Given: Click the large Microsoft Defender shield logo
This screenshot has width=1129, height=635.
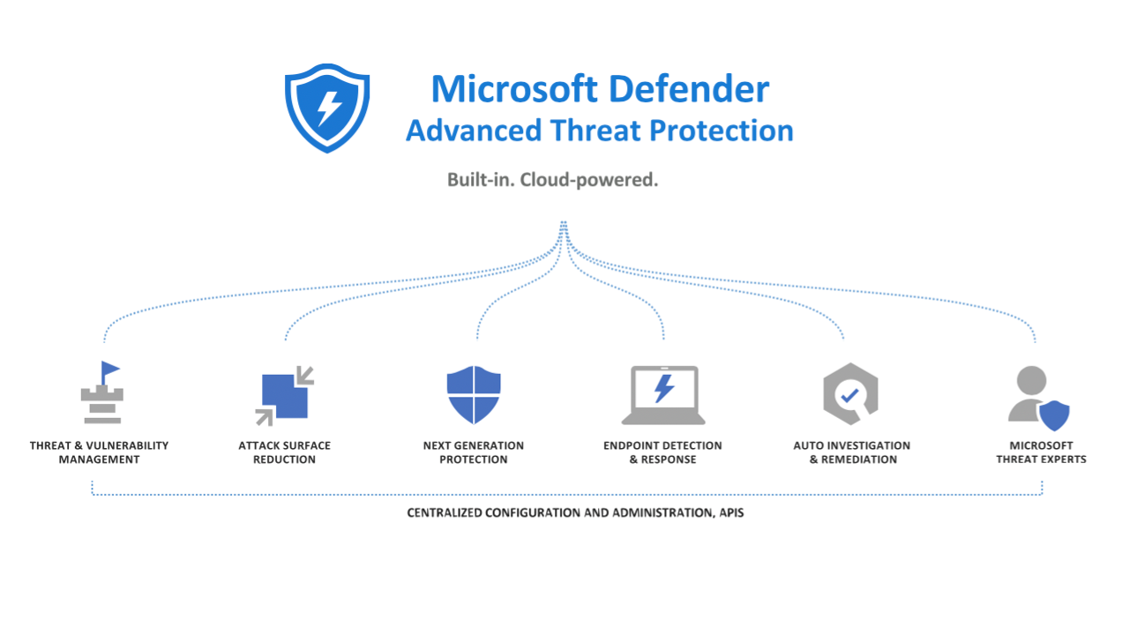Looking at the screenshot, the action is point(327,108).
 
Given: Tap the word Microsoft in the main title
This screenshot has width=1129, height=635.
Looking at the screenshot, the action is point(514,89).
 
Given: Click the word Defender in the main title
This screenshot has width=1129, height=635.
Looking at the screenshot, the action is point(689,89).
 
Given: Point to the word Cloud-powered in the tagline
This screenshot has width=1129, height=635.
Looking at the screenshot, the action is point(588,180).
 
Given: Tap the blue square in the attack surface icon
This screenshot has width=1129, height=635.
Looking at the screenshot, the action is point(285,396).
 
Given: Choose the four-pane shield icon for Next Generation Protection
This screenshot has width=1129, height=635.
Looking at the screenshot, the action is point(474,394).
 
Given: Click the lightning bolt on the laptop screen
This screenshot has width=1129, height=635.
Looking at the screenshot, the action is point(664,389).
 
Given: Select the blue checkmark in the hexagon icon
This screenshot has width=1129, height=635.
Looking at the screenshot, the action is point(849,395).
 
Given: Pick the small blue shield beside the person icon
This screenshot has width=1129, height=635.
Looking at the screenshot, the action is point(1054,415).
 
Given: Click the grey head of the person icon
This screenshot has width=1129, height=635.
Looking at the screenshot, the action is point(1031,380).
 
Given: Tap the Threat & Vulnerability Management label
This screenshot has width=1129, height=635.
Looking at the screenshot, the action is point(100,452).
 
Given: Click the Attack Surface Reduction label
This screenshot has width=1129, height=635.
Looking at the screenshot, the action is point(284,452).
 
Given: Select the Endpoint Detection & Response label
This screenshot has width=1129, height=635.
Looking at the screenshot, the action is point(662,452).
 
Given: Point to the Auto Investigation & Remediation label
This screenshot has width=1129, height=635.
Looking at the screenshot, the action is point(852,452).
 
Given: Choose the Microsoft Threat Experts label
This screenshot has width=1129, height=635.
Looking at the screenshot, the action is point(1042,452).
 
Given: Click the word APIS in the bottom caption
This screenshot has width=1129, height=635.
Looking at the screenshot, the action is point(731,513).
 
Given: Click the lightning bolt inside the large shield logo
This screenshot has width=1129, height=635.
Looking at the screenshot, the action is point(329,108).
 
